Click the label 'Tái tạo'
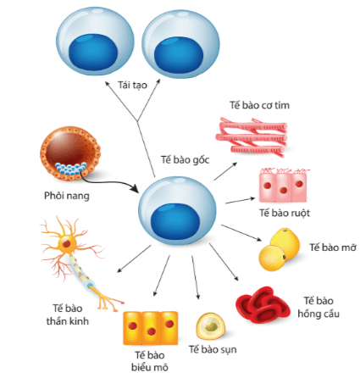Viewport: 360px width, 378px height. pos(125,85)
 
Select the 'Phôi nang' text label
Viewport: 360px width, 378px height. pos(60,196)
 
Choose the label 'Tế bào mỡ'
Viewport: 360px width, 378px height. pos(330,247)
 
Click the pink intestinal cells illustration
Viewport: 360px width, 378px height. pos(285,184)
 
